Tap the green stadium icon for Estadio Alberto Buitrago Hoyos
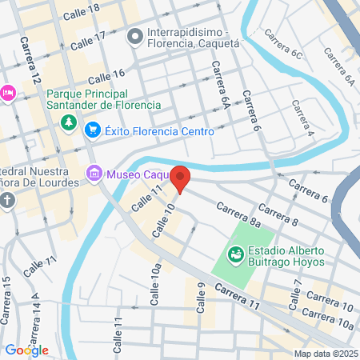[236, 254]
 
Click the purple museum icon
[94, 173]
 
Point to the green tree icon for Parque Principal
[70, 122]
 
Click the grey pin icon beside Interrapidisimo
[135, 35]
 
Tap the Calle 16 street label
[107, 77]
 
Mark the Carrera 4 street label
[302, 117]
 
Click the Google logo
[26, 350]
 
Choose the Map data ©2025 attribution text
[326, 354]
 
